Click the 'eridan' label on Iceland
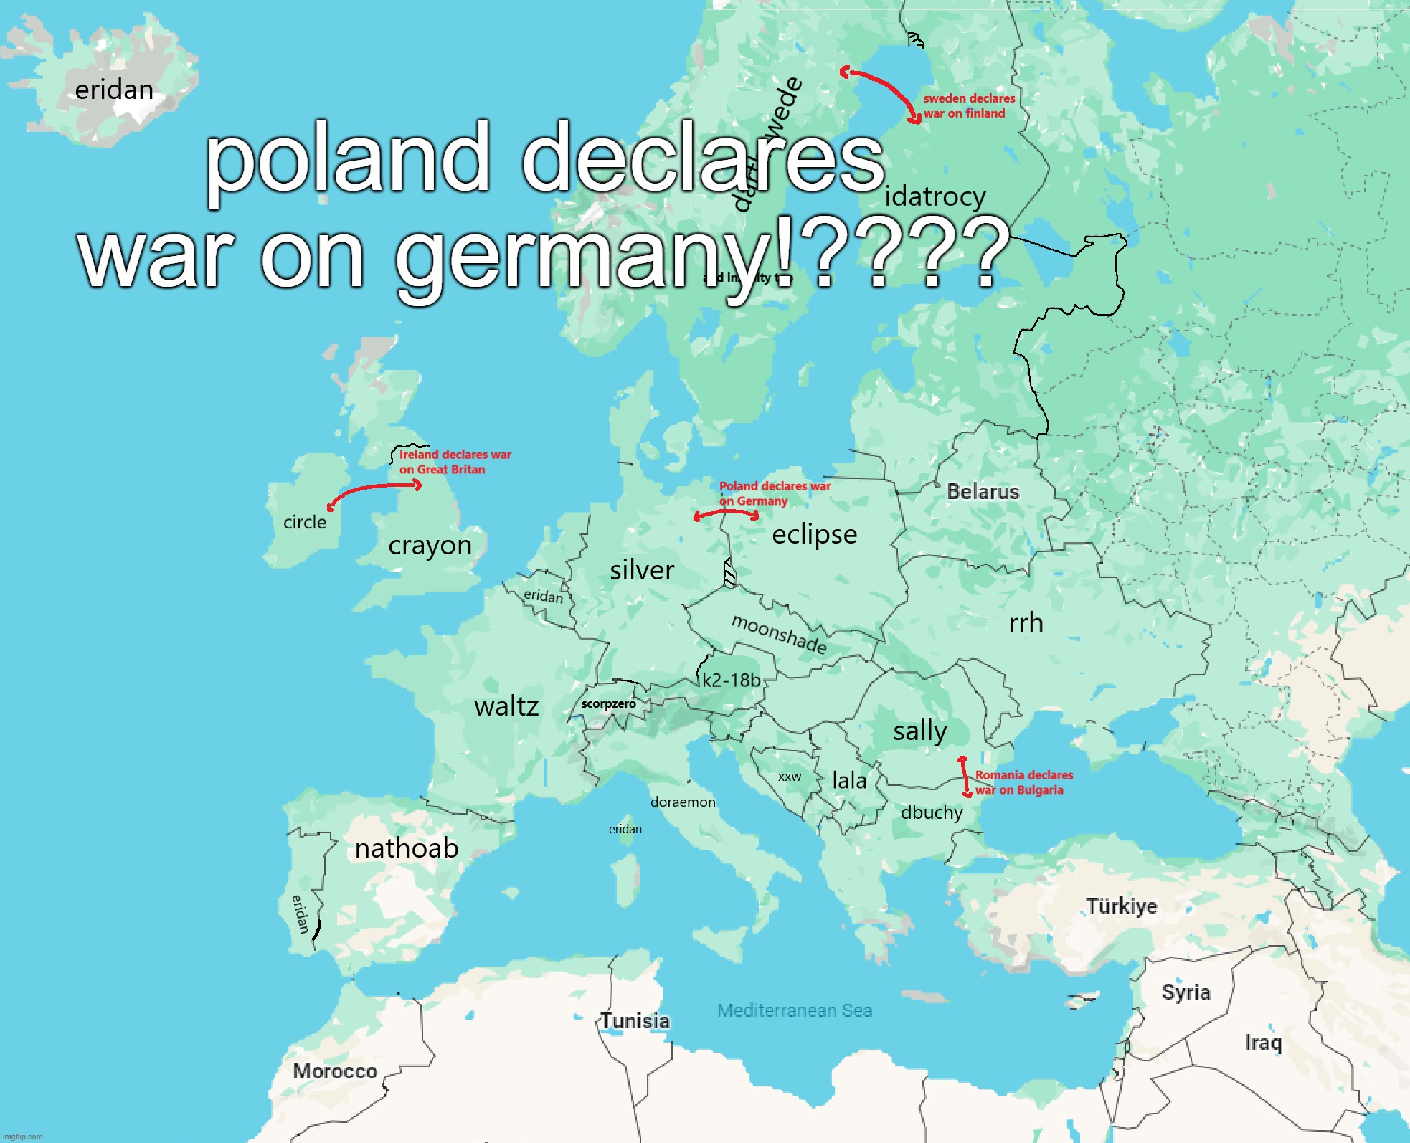(x=114, y=90)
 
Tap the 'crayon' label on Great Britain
(x=430, y=546)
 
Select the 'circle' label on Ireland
(x=305, y=522)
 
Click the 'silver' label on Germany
(x=642, y=570)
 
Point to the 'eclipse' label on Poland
(x=814, y=534)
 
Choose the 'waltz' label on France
(x=506, y=707)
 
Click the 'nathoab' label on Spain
(x=407, y=848)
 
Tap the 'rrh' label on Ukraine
(x=1026, y=623)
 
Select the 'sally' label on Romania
(x=920, y=731)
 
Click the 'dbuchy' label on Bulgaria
(x=932, y=812)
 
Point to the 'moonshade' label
(x=779, y=634)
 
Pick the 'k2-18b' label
(x=731, y=680)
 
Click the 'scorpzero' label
(x=608, y=704)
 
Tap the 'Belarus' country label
(x=983, y=492)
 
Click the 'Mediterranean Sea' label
(x=795, y=1010)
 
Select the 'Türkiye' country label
(x=1122, y=906)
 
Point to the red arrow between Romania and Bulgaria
(x=965, y=776)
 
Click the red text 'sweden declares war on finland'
(x=968, y=106)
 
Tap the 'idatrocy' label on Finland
(x=935, y=196)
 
